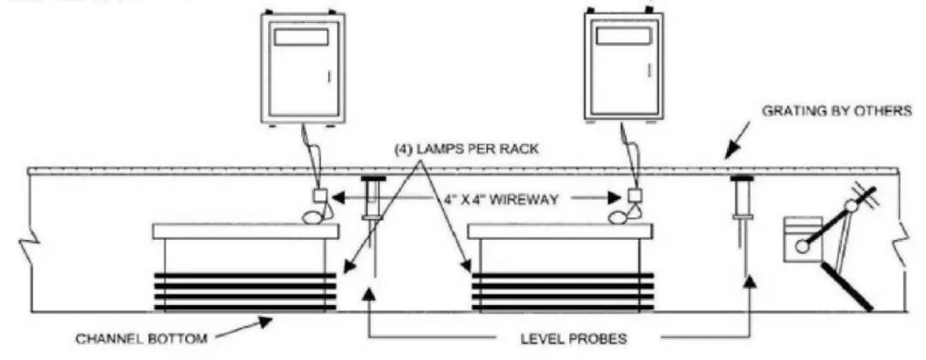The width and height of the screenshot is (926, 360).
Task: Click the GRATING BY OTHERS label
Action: tap(837, 111)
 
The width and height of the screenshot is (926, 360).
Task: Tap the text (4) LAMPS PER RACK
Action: tap(466, 148)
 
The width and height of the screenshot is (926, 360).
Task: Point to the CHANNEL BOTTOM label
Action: tap(141, 339)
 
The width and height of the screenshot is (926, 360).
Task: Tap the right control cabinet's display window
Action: tap(622, 36)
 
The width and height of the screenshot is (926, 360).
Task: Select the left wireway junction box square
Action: tap(320, 195)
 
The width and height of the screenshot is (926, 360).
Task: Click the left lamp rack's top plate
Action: tap(245, 231)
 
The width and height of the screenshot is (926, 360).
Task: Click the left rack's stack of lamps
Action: tap(245, 291)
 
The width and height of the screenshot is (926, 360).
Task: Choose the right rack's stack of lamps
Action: tap(562, 291)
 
